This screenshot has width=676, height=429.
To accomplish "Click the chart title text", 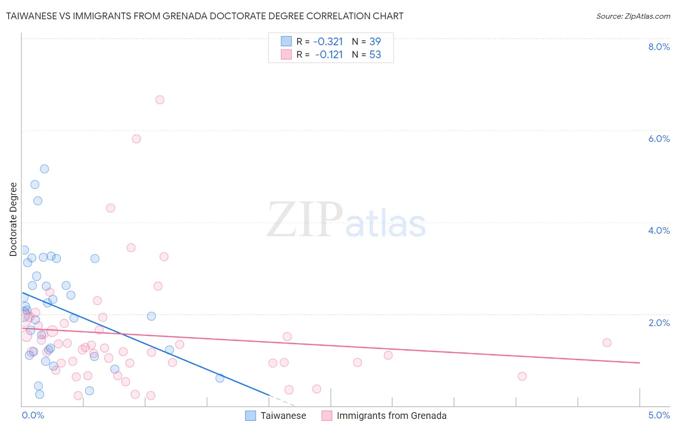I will tap(205, 16).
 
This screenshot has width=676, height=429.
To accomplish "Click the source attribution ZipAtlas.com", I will tap(633, 16).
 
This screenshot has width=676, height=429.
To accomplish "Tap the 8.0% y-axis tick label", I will tap(659, 47).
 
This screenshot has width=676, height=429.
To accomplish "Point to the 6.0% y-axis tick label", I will tap(659, 139).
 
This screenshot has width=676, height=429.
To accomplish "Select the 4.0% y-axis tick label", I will tap(659, 230).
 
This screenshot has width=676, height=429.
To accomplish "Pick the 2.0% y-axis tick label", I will tap(659, 323).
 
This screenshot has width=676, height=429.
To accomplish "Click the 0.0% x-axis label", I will tap(33, 415).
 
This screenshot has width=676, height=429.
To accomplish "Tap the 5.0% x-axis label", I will tap(659, 415).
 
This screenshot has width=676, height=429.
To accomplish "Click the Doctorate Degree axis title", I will tap(13, 219).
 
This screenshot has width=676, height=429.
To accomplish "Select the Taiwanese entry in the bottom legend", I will tap(283, 416).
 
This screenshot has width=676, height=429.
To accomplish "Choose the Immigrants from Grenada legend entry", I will tap(391, 416).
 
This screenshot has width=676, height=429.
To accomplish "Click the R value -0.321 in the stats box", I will tap(328, 42).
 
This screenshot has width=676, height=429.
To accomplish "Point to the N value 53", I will tap(375, 55).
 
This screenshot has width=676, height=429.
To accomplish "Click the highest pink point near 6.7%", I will tap(160, 100).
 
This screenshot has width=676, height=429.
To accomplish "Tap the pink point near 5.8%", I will tap(136, 139).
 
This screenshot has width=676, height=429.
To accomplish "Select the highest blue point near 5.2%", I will tap(44, 169).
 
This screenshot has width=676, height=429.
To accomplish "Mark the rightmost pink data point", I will tap(607, 342).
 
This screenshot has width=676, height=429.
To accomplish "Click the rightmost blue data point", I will tap(220, 378).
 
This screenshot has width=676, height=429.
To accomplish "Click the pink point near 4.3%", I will tap(110, 208).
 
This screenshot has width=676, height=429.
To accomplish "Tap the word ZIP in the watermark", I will tap(305, 220).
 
